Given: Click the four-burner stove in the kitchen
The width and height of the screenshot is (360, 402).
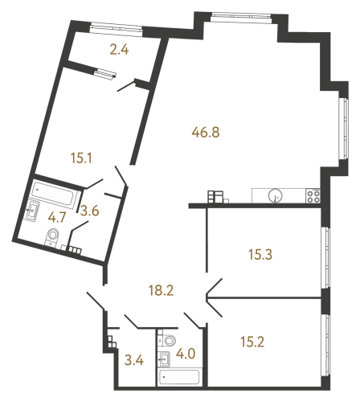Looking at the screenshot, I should click(x=312, y=195).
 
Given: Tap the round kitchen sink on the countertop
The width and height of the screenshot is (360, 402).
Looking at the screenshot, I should click(x=276, y=195).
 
